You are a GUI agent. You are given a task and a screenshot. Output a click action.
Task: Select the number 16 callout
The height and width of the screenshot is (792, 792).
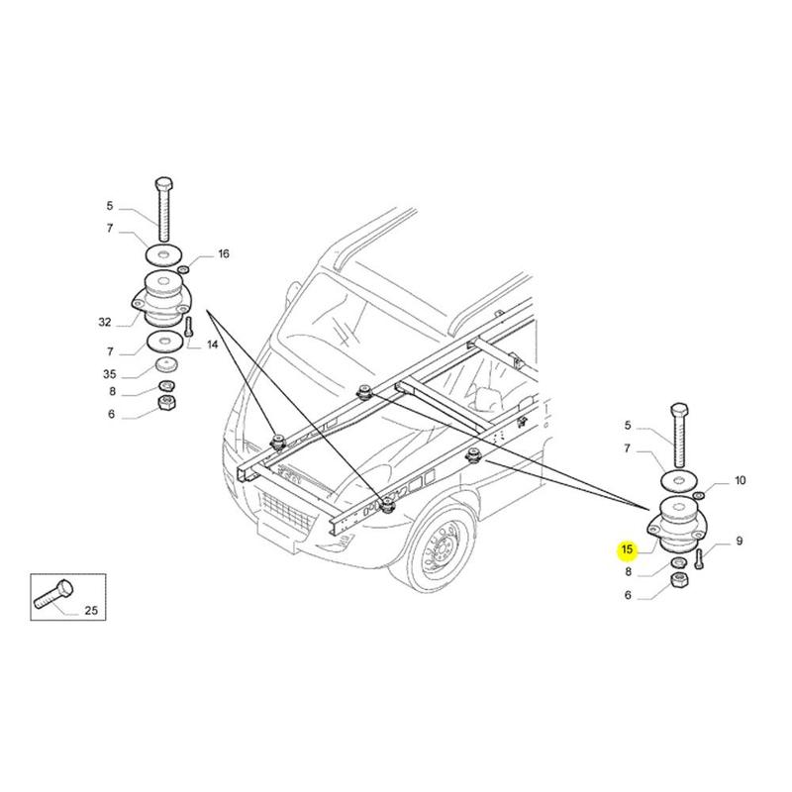pos(223,254)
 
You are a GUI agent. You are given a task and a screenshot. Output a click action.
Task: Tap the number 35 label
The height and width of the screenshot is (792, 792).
pos(110,375)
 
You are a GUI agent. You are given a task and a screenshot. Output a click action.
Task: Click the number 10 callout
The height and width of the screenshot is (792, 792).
pos(739,481)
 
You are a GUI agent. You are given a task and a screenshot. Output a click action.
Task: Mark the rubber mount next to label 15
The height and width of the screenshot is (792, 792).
pos(678,524)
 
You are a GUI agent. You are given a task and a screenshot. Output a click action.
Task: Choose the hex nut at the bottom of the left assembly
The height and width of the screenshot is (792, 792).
pos(167,403)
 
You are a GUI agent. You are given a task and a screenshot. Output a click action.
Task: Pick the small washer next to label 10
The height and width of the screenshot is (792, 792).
pos(699,494)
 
